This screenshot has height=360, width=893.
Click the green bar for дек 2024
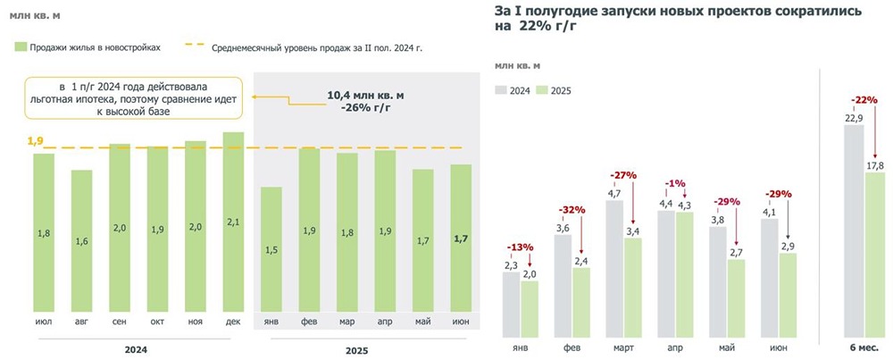click(233, 223)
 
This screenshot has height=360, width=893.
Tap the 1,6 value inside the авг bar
click(81, 241)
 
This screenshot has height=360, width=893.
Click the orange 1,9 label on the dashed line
click(35, 141)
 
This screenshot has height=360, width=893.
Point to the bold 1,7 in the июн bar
click(461, 239)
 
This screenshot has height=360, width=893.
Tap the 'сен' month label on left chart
click(119, 322)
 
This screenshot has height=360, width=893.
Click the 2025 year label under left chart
click(356, 351)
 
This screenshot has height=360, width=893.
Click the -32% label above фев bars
click(572, 210)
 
